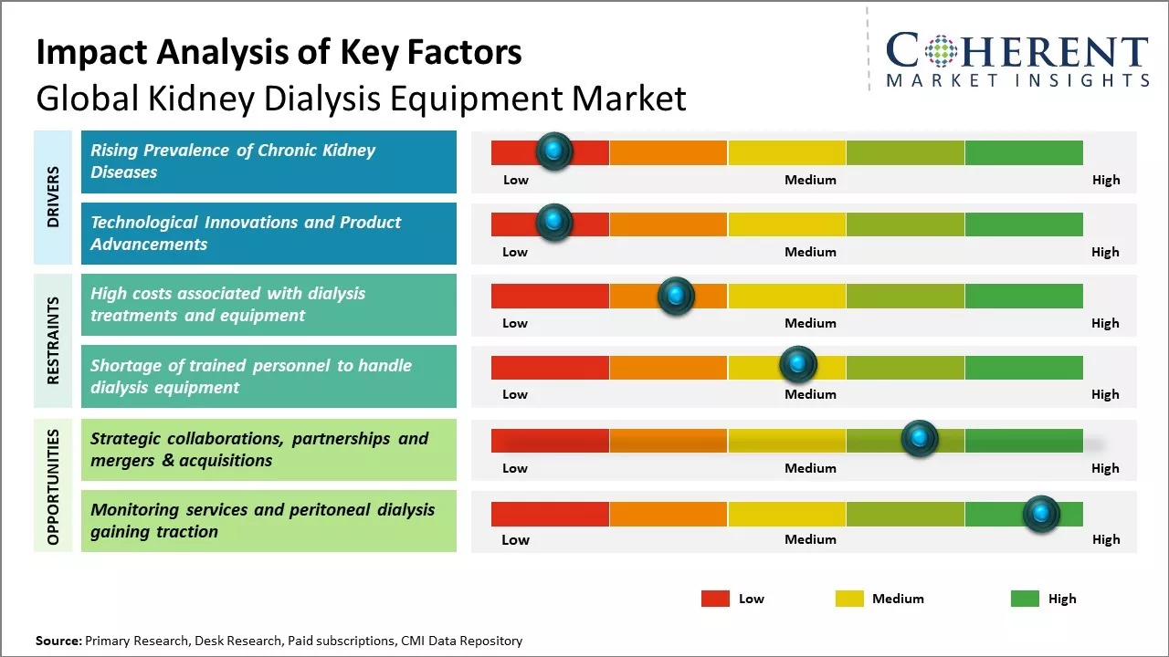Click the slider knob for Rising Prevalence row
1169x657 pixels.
553,151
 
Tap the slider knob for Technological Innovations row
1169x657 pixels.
553,223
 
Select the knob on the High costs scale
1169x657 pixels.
676,296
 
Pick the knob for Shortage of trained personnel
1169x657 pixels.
798,365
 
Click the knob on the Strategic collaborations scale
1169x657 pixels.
920,439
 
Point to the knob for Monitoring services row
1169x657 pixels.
1041,515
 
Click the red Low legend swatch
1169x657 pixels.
715,599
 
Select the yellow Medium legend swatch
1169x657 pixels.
849,599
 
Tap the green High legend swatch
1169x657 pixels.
1025,599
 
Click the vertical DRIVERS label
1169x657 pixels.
53,196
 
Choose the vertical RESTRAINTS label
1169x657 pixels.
53,340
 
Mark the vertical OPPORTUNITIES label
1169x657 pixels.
53,486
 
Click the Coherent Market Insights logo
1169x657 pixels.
1016,60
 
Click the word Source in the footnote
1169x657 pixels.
58,641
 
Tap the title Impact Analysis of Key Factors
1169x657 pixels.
279,53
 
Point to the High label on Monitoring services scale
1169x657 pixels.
1105,539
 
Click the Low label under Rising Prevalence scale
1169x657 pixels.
516,180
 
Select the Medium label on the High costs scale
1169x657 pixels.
810,323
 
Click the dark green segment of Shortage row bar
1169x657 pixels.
1023,368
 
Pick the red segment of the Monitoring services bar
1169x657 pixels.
550,515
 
